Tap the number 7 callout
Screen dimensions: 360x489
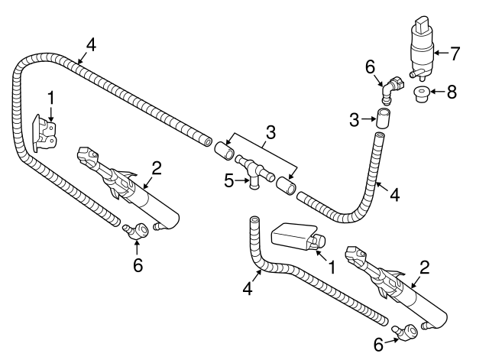click(456, 54)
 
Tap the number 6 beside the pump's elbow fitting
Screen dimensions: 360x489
click(370, 68)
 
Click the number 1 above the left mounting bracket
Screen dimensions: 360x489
click(50, 97)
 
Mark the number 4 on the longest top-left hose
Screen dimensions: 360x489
click(91, 44)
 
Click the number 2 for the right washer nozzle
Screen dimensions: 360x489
click(424, 267)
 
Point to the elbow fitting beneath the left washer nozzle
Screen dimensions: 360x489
click(138, 228)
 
